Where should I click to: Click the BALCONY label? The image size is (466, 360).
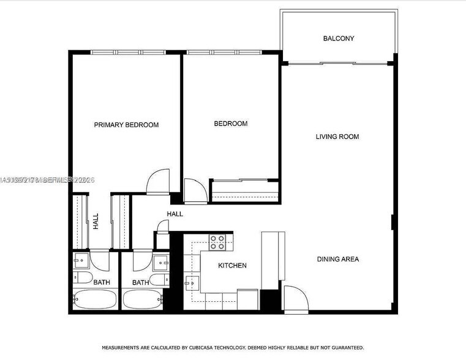pyautogui.click(x=339, y=39)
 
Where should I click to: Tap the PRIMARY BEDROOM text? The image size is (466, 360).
pyautogui.click(x=126, y=125)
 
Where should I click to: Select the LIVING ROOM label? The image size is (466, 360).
pyautogui.click(x=337, y=137)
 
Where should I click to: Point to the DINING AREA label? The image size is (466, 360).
pyautogui.click(x=337, y=259)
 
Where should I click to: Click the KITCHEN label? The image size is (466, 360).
pyautogui.click(x=232, y=265)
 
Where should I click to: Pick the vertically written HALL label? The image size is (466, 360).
pyautogui.click(x=96, y=221)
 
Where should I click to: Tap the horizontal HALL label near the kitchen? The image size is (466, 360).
pyautogui.click(x=175, y=214)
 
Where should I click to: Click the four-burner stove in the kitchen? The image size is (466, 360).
pyautogui.click(x=217, y=242)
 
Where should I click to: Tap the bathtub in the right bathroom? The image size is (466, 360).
pyautogui.click(x=142, y=300)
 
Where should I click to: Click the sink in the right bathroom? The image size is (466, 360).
pyautogui.click(x=162, y=261)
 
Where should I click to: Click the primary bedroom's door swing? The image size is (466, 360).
pyautogui.click(x=157, y=181)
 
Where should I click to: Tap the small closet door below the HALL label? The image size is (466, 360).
pyautogui.click(x=162, y=228)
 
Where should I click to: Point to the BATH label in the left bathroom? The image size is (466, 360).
pyautogui.click(x=102, y=282)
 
